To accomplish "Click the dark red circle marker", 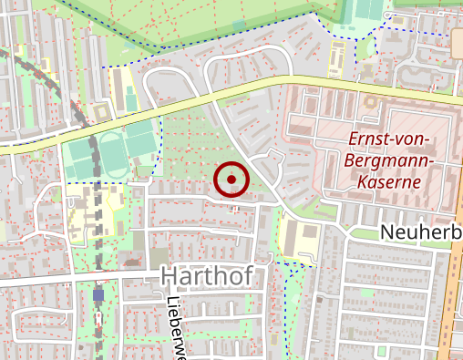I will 231,180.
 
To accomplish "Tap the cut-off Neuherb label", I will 420,232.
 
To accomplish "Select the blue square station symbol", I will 98,294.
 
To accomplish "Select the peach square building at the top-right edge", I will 456,39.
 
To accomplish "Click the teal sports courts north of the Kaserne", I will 368,11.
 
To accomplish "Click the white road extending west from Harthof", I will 73,280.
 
